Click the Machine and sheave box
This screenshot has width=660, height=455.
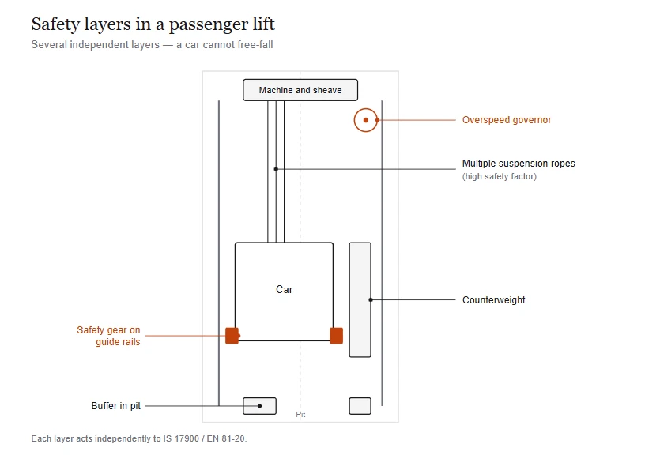pyautogui.click(x=300, y=90)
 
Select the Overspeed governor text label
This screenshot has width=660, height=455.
pyautogui.click(x=507, y=120)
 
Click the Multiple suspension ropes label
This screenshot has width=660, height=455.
pyautogui.click(x=519, y=164)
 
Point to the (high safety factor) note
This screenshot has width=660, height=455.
pyautogui.click(x=500, y=176)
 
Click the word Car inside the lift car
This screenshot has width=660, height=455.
pyautogui.click(x=284, y=289)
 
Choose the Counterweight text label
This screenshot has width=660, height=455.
pyautogui.click(x=494, y=300)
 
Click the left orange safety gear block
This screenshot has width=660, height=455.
pyautogui.click(x=232, y=336)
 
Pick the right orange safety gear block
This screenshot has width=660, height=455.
pyautogui.click(x=336, y=336)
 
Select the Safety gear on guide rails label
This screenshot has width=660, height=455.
pyautogui.click(x=108, y=336)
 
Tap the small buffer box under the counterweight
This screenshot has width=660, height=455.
pyautogui.click(x=360, y=406)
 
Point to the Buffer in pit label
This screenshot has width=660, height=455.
pyautogui.click(x=115, y=406)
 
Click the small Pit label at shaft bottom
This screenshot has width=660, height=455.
pyautogui.click(x=300, y=414)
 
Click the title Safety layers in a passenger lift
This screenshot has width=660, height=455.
pyautogui.click(x=153, y=24)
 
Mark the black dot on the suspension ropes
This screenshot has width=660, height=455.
pyautogui.click(x=276, y=169)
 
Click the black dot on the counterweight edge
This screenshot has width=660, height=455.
pyautogui.click(x=371, y=300)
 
